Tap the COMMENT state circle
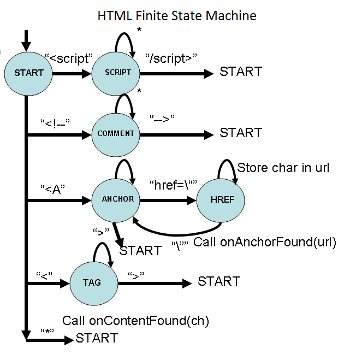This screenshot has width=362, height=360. pyautogui.click(x=116, y=133)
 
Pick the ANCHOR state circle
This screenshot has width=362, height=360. pyautogui.click(x=117, y=199)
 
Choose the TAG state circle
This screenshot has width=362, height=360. pyautogui.click(x=92, y=282)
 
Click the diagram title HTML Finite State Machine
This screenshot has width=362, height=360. pyautogui.click(x=176, y=15)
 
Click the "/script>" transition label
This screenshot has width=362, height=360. pyautogui.click(x=171, y=57)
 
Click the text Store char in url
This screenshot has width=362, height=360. pyautogui.click(x=283, y=167)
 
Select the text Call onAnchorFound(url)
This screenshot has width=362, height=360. pyautogui.click(x=265, y=242)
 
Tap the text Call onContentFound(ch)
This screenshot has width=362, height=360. pyautogui.click(x=136, y=320)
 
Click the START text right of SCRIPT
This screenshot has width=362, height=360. pyautogui.click(x=241, y=72)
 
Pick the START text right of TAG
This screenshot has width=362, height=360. pyautogui.click(x=219, y=281)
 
